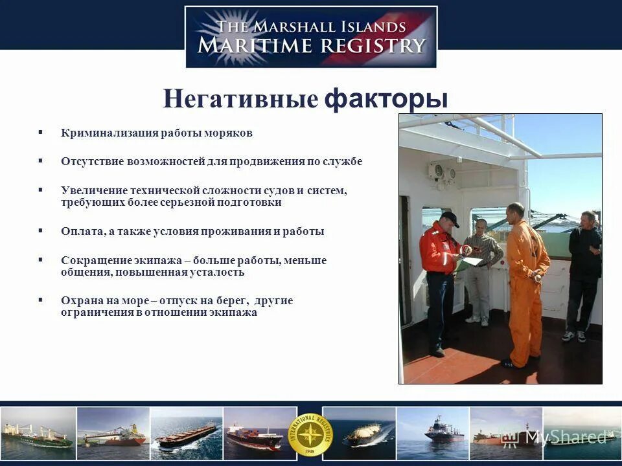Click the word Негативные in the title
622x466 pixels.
click(240, 100)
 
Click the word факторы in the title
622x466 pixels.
click(386, 99)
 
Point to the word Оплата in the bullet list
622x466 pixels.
click(78, 231)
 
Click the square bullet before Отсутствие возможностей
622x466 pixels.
click(41, 161)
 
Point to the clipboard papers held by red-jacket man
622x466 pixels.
click(471, 261)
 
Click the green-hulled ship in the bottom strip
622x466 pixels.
click(39, 433)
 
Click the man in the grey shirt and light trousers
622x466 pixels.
click(480, 272)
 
